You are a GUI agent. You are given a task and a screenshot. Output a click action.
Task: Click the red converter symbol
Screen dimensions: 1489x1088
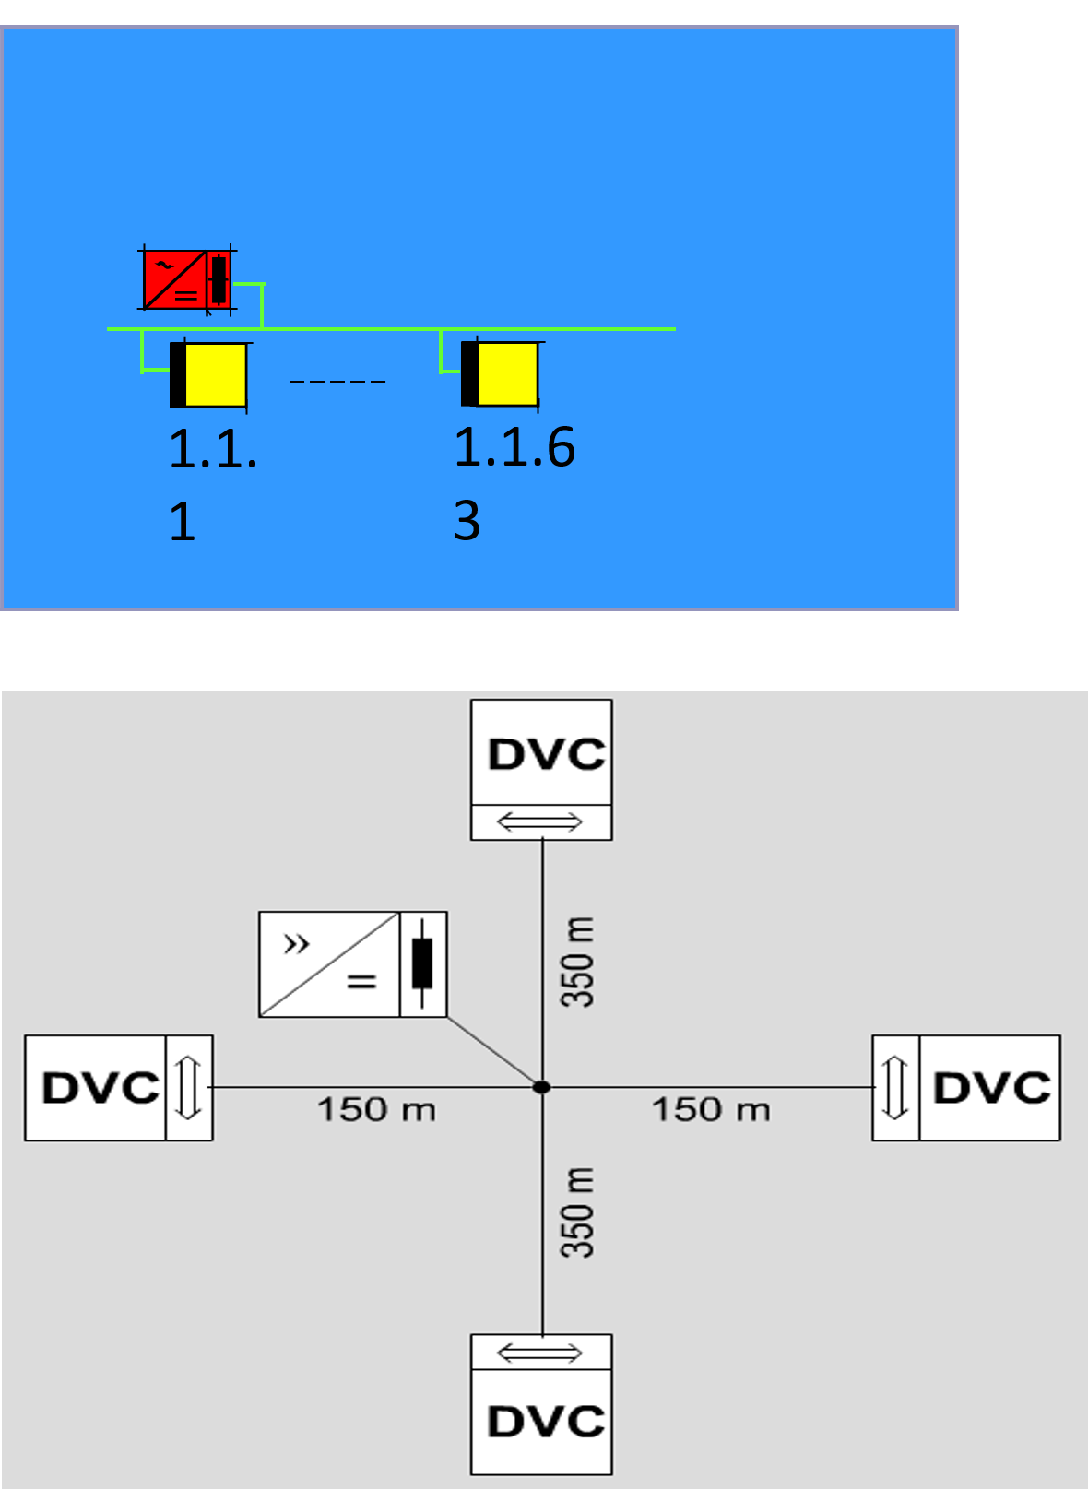[186, 279]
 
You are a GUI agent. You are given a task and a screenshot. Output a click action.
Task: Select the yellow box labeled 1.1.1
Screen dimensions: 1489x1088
[209, 374]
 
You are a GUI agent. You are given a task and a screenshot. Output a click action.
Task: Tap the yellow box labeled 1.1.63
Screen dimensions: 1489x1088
[500, 373]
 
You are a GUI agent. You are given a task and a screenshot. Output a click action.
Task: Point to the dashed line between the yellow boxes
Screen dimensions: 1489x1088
[337, 381]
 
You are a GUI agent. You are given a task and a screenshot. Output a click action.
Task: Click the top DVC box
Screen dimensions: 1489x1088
[541, 753]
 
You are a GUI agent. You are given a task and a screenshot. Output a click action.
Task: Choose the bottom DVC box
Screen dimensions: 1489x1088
[541, 1421]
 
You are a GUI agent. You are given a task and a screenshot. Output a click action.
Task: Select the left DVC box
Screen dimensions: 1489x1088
[97, 1088]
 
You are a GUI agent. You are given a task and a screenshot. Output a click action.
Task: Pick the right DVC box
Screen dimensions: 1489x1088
[989, 1088]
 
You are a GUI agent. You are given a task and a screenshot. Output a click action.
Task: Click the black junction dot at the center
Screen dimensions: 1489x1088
[542, 1087]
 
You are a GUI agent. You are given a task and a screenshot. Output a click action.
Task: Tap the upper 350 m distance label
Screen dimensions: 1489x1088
[578, 962]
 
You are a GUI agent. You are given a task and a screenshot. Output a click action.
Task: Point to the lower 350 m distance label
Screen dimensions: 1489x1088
[578, 1212]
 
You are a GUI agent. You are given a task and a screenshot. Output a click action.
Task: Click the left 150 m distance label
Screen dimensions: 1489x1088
[376, 1109]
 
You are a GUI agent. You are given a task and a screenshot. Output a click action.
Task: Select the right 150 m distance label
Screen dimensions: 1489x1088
[711, 1109]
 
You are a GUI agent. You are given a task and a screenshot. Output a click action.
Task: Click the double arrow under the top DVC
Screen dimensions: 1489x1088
[540, 821]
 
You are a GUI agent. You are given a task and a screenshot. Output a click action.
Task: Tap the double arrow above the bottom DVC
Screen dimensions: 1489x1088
[540, 1353]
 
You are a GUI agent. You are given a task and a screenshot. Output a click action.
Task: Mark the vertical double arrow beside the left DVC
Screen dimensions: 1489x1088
[189, 1088]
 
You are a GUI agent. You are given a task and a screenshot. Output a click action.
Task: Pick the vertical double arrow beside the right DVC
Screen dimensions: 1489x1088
[895, 1088]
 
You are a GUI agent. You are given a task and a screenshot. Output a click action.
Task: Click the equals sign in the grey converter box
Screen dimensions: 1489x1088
[361, 982]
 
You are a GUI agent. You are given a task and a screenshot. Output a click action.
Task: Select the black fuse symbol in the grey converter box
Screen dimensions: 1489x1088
[422, 963]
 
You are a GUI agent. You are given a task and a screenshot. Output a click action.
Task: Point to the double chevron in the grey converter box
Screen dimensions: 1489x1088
[296, 943]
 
